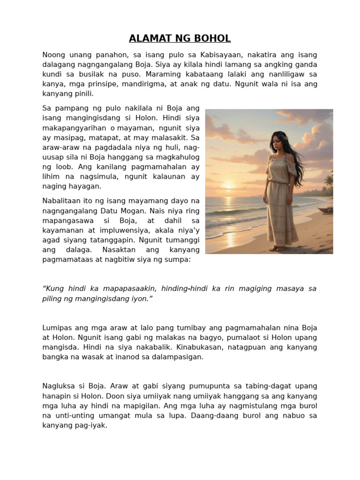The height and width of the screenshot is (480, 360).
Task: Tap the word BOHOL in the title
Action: (214, 38)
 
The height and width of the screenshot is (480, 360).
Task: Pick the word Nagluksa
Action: (58, 386)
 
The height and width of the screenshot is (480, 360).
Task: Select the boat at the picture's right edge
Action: (325, 210)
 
